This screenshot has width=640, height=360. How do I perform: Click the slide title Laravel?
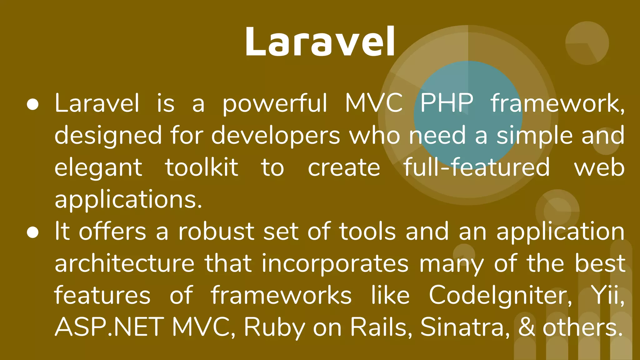(x=320, y=42)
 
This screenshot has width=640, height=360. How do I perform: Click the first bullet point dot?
(x=33, y=105)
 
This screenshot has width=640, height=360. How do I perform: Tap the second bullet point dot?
(x=33, y=232)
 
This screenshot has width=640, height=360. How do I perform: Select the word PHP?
(x=447, y=103)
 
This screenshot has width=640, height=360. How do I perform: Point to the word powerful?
(x=275, y=103)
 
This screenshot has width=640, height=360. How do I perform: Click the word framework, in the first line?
(x=557, y=103)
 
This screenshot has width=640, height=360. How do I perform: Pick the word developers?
(x=276, y=136)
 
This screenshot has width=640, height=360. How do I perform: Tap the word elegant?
(x=98, y=168)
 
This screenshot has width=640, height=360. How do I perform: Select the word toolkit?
(x=202, y=167)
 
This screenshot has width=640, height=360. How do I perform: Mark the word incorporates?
(x=335, y=264)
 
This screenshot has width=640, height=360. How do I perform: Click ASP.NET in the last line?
(x=109, y=327)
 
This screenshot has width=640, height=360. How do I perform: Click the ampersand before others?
(x=527, y=327)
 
